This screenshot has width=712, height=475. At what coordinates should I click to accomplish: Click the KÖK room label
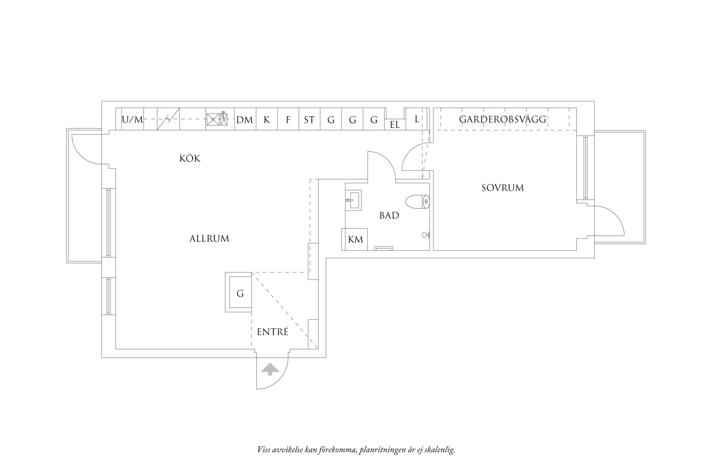190,158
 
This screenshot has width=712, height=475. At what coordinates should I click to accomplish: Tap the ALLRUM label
209,239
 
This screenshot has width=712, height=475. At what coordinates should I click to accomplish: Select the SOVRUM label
503,188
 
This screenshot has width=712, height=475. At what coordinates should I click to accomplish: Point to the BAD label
389,216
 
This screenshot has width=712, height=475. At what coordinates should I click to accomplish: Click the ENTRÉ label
272,332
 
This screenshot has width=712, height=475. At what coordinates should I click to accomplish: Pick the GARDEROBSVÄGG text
503,119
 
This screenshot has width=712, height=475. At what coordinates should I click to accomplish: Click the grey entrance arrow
270,369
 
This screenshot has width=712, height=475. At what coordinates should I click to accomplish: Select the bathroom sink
353,200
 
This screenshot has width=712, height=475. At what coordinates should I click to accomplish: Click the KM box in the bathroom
355,239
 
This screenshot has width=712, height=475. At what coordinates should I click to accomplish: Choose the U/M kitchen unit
132,119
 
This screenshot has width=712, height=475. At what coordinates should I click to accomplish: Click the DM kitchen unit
245,119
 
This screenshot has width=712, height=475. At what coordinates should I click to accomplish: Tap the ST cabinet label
309,120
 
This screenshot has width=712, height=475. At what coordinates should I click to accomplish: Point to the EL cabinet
395,124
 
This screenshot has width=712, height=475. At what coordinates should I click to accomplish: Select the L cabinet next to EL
416,119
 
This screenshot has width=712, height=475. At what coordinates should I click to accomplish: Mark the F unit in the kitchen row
288,119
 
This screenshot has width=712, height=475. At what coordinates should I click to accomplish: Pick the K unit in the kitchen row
267,119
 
